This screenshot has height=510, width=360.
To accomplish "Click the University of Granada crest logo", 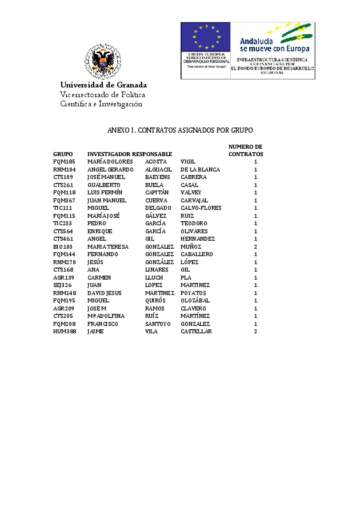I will click(103, 61).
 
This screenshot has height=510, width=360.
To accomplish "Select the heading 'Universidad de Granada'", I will click(103, 85).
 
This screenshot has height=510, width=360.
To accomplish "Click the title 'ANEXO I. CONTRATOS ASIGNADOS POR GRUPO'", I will click(180, 130).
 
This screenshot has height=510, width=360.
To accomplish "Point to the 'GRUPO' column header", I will click(63, 154).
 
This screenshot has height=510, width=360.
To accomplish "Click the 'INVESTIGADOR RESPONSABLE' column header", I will click(130, 154).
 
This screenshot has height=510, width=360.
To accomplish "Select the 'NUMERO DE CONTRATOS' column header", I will click(246, 150).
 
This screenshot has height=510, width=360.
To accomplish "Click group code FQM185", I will click(64, 162).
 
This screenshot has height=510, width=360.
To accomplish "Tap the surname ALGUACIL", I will click(158, 170).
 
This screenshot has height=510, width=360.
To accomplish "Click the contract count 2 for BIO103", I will click(255, 246).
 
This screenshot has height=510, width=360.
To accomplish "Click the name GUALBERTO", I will click(104, 185).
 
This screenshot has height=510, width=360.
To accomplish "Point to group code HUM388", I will click(65, 332).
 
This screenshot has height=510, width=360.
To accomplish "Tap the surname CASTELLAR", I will click(196, 332).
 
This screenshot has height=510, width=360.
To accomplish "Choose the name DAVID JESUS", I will click(105, 293).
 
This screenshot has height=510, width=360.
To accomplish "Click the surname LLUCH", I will click(154, 277).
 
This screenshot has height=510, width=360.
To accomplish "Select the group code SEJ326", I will click(63, 285).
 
